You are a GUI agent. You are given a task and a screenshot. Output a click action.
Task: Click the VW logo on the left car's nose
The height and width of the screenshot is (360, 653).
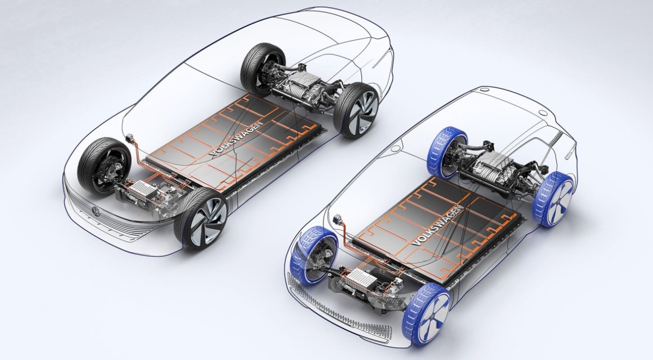(96, 211)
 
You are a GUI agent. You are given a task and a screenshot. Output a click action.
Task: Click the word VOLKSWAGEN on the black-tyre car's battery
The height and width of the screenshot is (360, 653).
(236, 140)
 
